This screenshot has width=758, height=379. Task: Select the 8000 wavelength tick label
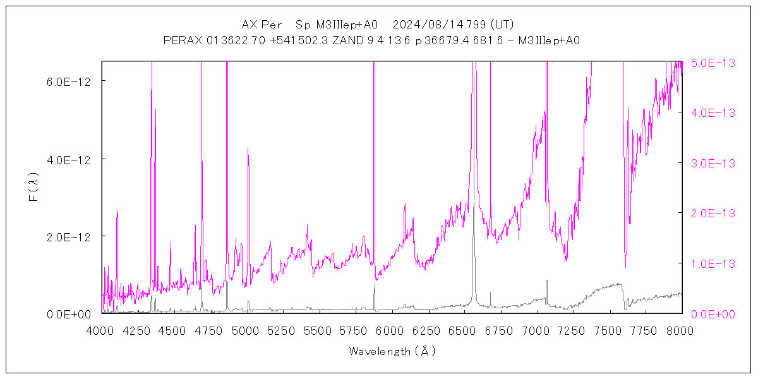(x=682, y=330)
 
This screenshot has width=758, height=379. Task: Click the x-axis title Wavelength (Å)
(x=392, y=351)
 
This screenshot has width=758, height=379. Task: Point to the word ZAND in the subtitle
(x=344, y=40)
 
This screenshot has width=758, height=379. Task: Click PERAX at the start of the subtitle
(x=182, y=40)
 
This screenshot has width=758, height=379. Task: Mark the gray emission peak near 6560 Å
(x=474, y=63)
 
